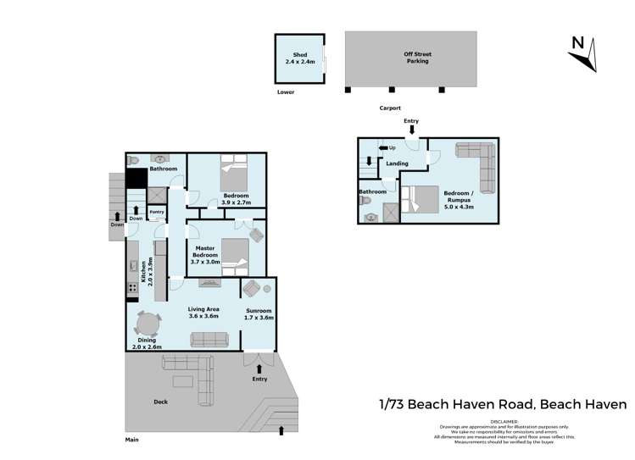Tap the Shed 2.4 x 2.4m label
point(298,58)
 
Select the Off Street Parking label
point(416,58)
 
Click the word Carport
point(390,108)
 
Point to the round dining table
point(148,324)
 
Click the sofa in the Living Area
point(209,340)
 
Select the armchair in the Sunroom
point(253,289)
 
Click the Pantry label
point(157,212)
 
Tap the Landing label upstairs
point(397,163)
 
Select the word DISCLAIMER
point(504,420)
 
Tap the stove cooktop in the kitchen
point(132,288)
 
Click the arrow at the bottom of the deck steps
point(281,430)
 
